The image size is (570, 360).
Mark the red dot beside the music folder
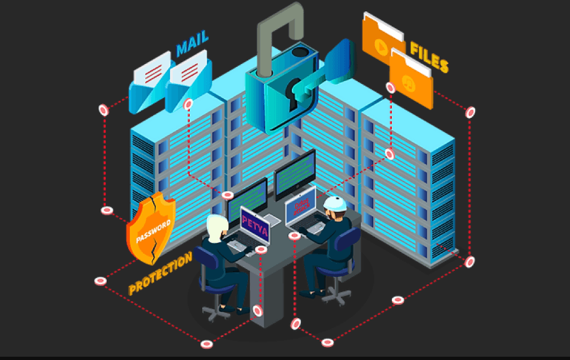390,88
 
